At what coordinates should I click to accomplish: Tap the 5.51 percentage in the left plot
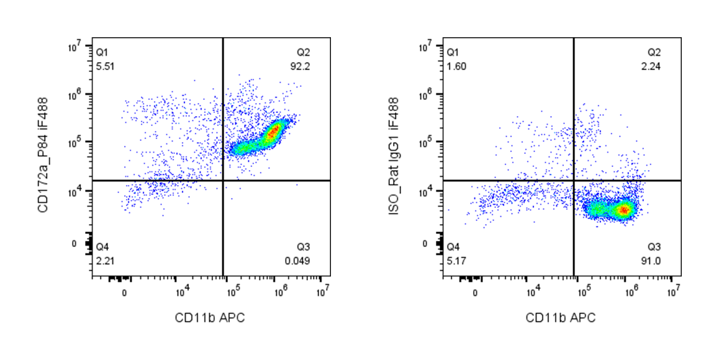[x=105, y=65]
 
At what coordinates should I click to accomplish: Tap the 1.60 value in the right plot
[x=456, y=65]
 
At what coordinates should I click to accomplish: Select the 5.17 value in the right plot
[x=456, y=260]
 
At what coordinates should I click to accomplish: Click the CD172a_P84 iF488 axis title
[x=43, y=155]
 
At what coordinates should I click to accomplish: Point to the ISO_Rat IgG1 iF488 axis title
[x=394, y=155]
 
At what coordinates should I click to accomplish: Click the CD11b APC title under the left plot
[x=210, y=318]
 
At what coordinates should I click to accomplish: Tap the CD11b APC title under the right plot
[x=561, y=318]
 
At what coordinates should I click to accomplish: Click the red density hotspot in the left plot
[x=274, y=132]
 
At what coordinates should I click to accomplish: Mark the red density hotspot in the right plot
[x=623, y=210]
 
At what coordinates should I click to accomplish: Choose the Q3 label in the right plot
[x=653, y=248]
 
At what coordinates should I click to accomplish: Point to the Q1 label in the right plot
[x=453, y=53]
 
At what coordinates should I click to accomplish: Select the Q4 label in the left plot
[x=102, y=248]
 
